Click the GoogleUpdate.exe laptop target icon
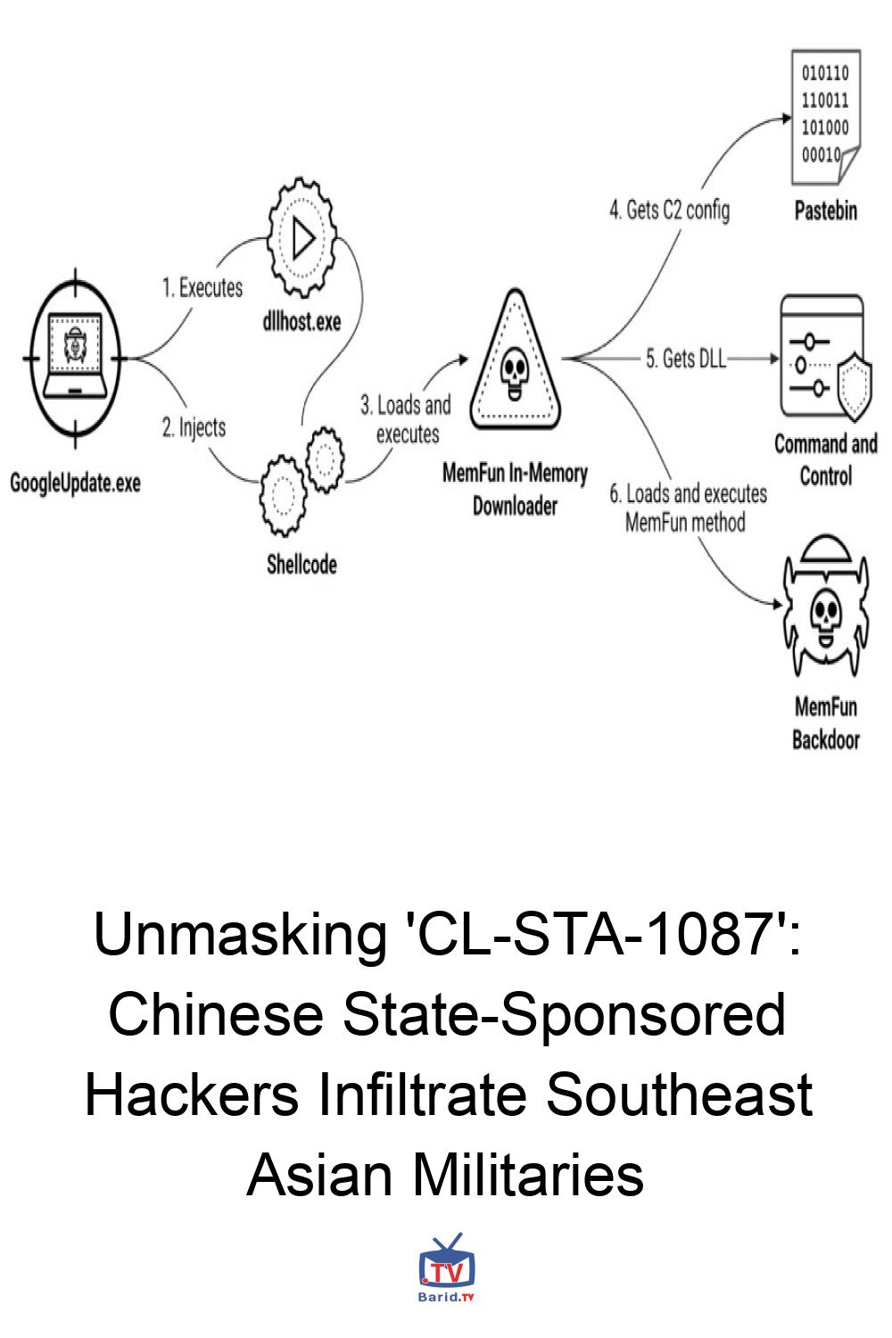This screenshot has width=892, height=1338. click(x=75, y=359)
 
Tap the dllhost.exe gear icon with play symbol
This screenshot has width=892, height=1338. click(x=301, y=239)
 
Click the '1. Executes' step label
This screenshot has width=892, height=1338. click(x=202, y=288)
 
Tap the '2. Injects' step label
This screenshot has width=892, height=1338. click(x=194, y=427)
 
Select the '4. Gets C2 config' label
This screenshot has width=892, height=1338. click(x=669, y=211)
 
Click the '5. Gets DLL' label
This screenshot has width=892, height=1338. click(x=685, y=359)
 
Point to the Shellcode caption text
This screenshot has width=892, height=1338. click(x=301, y=564)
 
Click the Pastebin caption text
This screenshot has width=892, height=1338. click(x=825, y=211)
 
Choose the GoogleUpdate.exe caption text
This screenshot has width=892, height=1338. click(x=75, y=483)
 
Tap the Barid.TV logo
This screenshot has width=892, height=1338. click(x=446, y=1268)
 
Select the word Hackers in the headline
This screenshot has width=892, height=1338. click(x=192, y=1095)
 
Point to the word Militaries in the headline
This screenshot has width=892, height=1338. click(x=527, y=1175)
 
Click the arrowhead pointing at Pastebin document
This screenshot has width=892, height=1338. click(x=786, y=117)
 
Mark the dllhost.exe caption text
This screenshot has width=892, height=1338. click(x=301, y=321)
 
